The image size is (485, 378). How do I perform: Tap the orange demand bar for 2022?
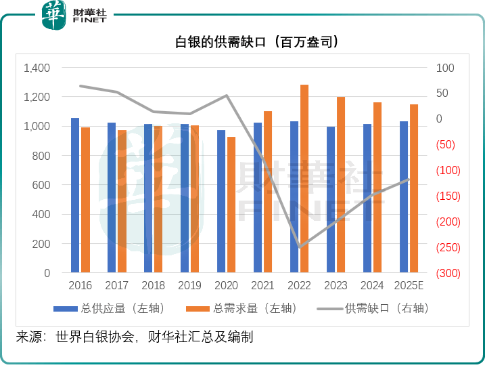[x=304, y=179]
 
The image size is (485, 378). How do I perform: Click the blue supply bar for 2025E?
[x=404, y=197]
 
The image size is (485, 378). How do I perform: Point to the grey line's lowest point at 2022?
[x=299, y=247]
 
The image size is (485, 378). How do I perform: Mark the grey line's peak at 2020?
[x=227, y=96]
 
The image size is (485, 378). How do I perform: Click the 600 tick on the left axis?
[x=41, y=186]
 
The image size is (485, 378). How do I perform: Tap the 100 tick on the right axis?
[x=445, y=68]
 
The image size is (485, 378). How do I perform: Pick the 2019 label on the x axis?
[x=189, y=286]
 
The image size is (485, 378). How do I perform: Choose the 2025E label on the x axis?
[x=409, y=286]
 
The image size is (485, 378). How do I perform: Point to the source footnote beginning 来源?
[x=135, y=337]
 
